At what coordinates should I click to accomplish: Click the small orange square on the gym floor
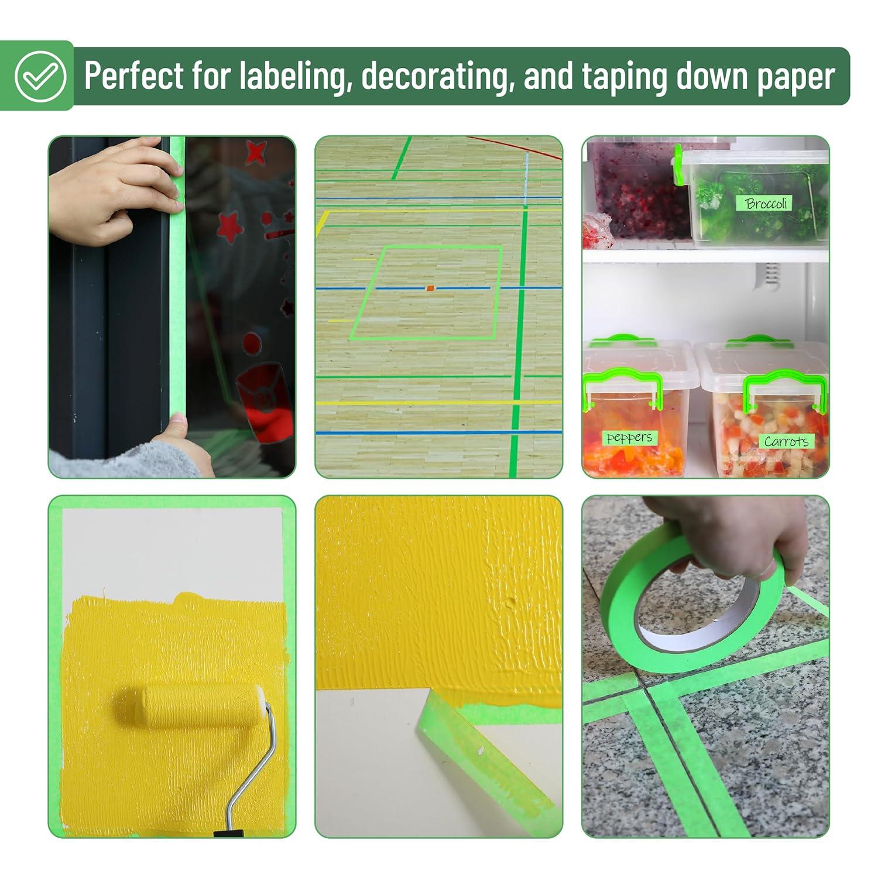point(430,288)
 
